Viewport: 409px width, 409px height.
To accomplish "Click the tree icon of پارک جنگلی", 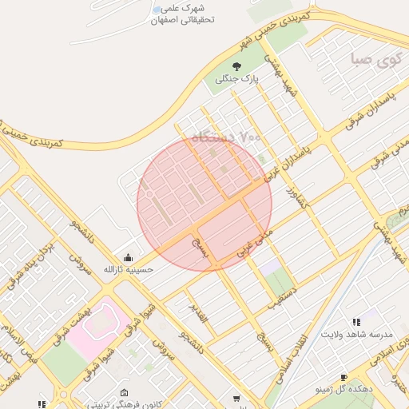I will coord(236,66).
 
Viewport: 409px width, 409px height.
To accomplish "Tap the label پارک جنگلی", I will coord(236,79).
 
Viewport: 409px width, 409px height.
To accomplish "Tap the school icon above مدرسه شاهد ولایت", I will coord(355,320).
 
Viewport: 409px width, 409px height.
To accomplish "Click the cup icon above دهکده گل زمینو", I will coord(343,377).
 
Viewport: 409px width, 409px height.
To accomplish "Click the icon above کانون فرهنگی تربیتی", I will coord(125,393).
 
